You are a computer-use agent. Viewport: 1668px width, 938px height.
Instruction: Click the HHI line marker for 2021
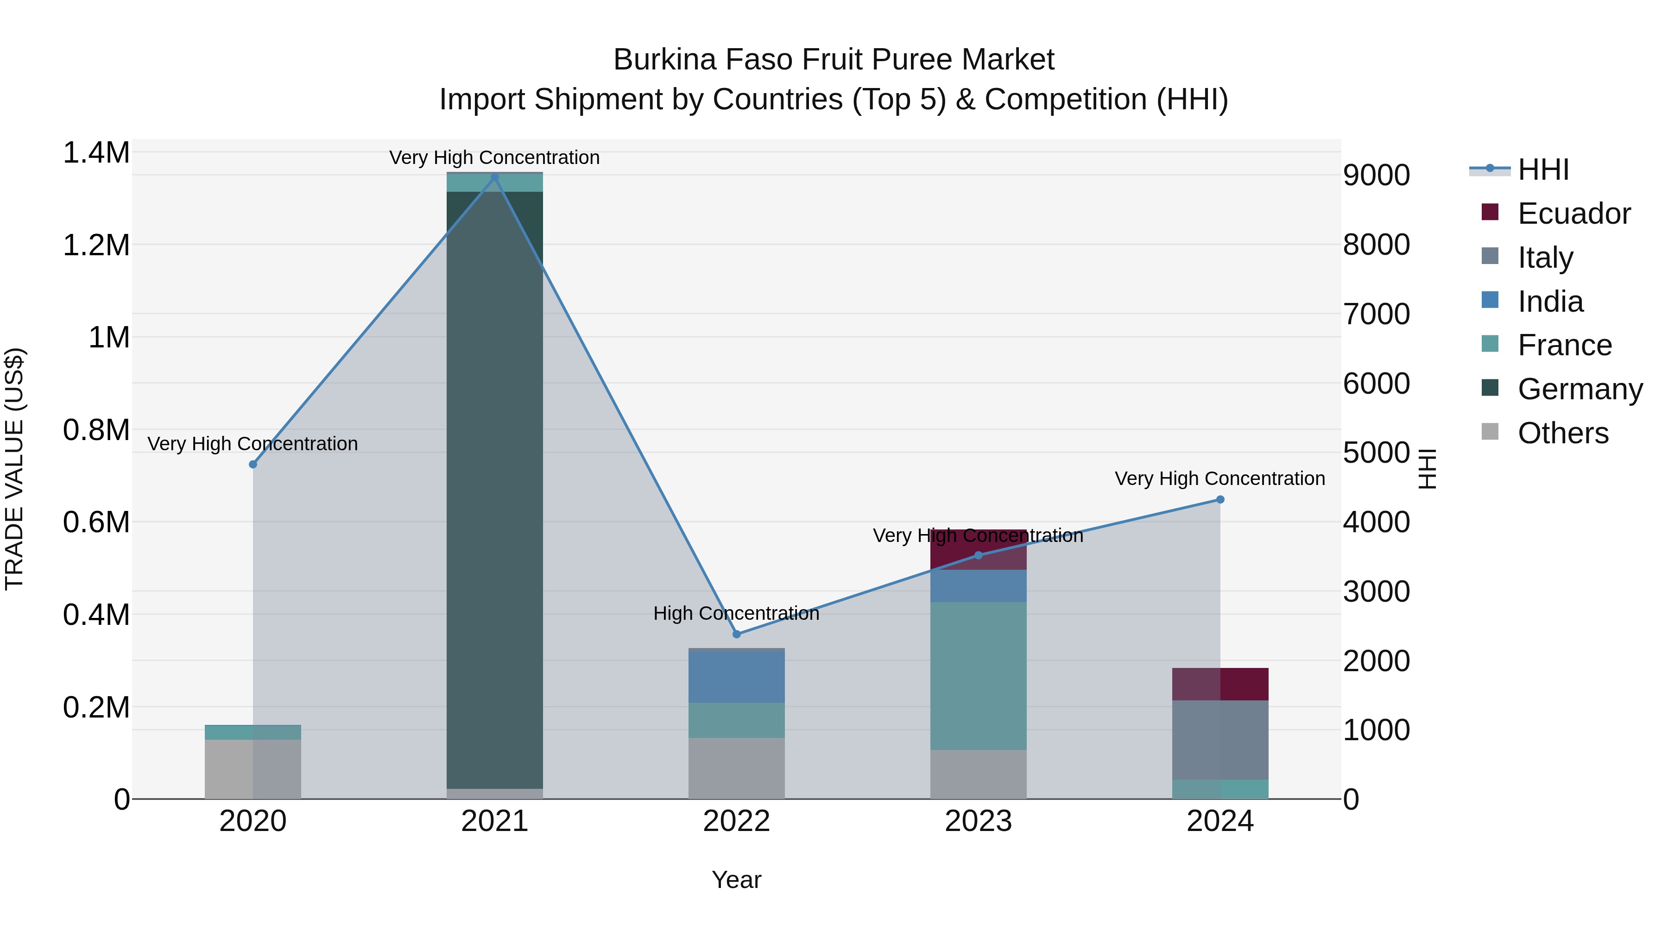click(x=495, y=177)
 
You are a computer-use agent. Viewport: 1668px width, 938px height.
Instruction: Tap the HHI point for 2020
click(x=253, y=464)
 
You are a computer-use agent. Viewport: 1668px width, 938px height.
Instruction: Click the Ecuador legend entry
click(x=1573, y=214)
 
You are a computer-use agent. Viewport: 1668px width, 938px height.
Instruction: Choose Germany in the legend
click(x=1580, y=389)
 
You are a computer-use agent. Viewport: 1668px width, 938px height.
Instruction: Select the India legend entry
click(x=1550, y=302)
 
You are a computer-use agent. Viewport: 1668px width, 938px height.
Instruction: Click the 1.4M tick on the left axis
click(x=96, y=153)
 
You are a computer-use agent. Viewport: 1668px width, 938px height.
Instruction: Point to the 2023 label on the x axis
click(x=978, y=821)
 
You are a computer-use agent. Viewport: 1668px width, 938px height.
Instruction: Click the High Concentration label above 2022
click(x=736, y=613)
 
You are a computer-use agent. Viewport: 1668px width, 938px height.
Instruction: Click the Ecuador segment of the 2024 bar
click(x=1220, y=684)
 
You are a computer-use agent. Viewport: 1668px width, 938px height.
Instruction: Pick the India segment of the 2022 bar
click(x=736, y=676)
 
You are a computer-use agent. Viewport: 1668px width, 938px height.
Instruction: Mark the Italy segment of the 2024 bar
click(x=1220, y=739)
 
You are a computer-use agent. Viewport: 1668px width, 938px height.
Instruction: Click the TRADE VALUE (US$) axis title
click(x=14, y=469)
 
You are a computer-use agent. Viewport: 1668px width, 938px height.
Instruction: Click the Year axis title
click(x=736, y=880)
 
